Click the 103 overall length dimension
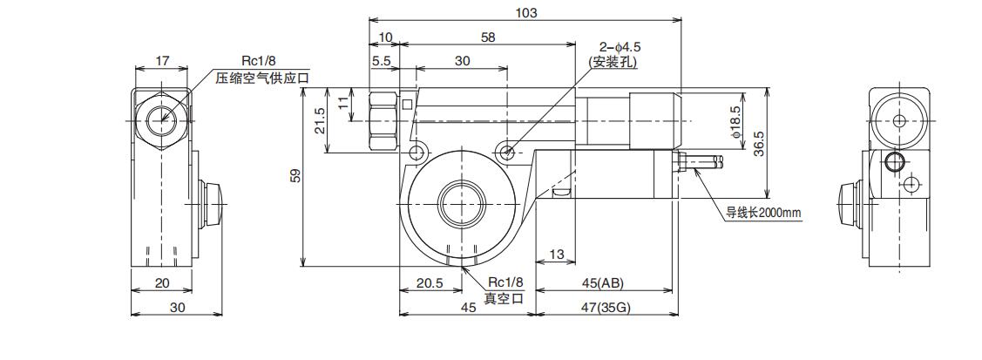coord(525,12)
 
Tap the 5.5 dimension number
coord(381,61)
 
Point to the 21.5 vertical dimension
coord(319,120)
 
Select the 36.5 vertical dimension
coord(758,142)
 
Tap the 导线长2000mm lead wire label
coord(762,212)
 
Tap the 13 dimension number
coord(558,255)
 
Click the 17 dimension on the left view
coord(161,61)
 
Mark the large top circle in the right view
coord(897,119)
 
